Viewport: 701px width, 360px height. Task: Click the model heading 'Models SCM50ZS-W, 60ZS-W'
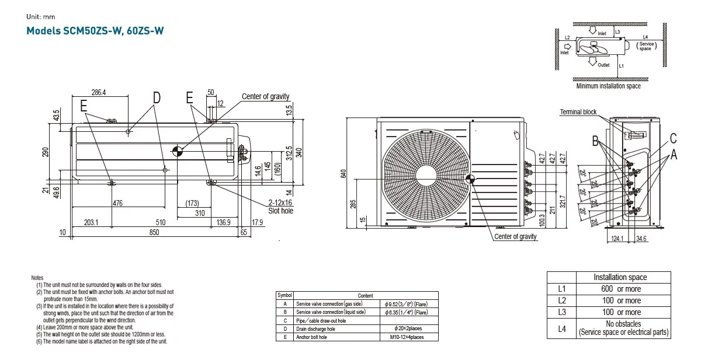click(x=95, y=31)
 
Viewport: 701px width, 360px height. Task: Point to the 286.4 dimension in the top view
click(x=99, y=92)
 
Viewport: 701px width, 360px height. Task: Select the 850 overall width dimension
click(x=154, y=233)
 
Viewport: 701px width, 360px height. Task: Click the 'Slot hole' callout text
click(x=280, y=211)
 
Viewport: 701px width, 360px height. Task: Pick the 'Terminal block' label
click(x=578, y=112)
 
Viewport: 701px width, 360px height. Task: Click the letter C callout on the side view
click(x=673, y=138)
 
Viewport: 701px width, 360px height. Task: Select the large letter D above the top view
click(x=157, y=98)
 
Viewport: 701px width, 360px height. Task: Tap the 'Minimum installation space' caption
click(x=608, y=86)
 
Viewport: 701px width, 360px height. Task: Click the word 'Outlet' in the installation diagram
click(x=603, y=65)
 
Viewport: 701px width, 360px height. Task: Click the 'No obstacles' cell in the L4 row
click(x=623, y=324)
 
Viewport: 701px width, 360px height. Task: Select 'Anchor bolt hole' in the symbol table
click(x=311, y=337)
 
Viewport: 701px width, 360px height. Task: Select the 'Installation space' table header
click(x=620, y=277)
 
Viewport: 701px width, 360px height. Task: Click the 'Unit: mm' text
click(x=41, y=17)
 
